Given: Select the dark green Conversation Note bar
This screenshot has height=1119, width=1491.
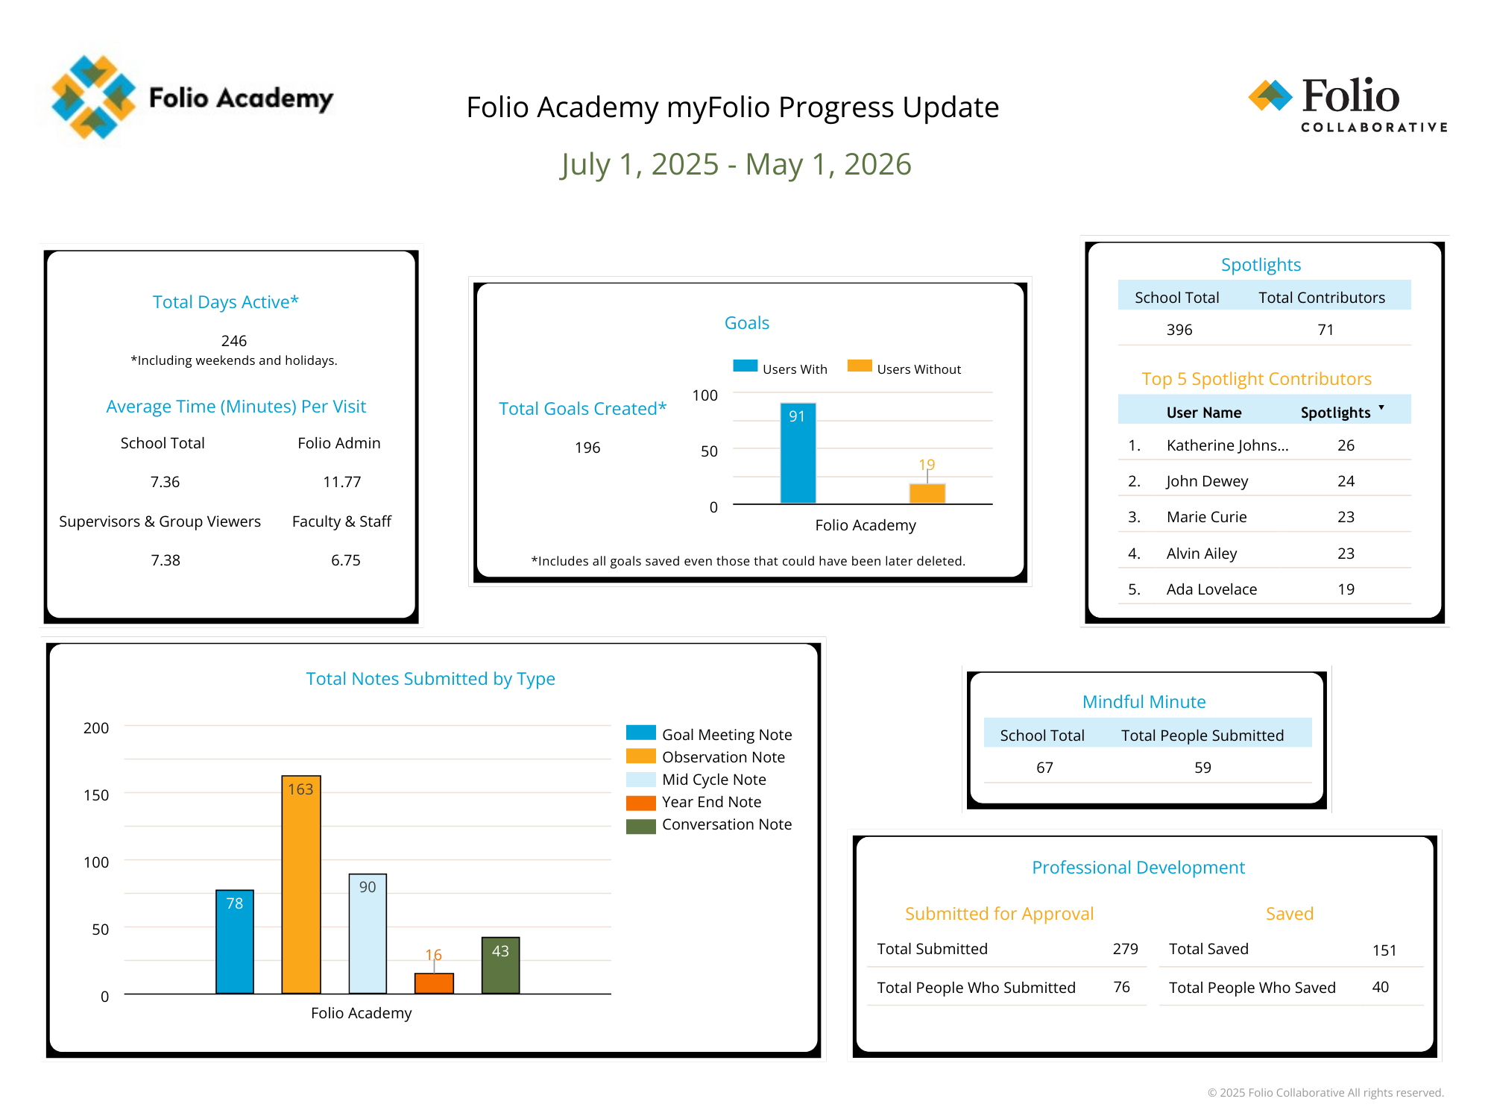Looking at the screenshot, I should [500, 965].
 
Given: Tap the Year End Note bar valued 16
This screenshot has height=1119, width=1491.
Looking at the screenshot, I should [434, 983].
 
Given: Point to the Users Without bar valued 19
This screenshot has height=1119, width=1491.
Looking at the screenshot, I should [927, 493].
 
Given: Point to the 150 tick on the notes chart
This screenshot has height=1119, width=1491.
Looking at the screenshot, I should [96, 795].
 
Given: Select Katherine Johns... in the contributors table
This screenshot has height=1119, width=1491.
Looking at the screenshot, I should [1227, 445].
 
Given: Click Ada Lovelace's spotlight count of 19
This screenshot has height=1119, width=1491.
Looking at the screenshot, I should [1346, 589].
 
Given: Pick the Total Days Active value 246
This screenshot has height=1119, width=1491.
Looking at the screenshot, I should [233, 341].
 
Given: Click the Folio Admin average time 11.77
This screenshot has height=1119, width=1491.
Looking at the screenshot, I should [341, 482].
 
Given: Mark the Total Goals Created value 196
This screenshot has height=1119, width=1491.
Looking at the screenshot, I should [587, 448].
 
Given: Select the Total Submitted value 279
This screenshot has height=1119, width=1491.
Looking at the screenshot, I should [1125, 949].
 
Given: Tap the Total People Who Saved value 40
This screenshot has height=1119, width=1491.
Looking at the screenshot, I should [1380, 987].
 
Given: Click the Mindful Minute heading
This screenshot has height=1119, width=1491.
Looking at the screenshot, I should [1144, 702].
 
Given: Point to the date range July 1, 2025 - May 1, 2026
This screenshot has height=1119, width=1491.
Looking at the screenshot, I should [736, 164].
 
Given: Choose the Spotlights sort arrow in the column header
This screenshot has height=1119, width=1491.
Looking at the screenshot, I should [1381, 408].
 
